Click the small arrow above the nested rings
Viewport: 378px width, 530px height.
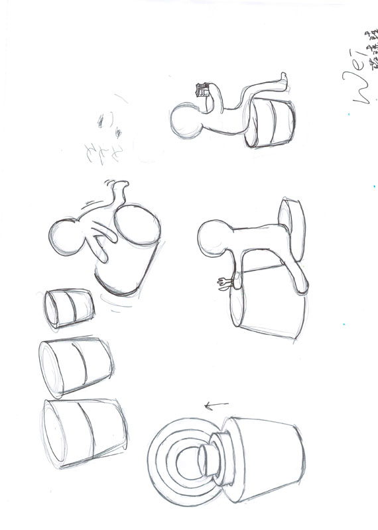point(216,403)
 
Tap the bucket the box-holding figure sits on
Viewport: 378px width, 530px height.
point(272,123)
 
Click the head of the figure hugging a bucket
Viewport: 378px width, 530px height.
point(67,236)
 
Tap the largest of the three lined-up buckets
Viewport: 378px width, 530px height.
point(84,431)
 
